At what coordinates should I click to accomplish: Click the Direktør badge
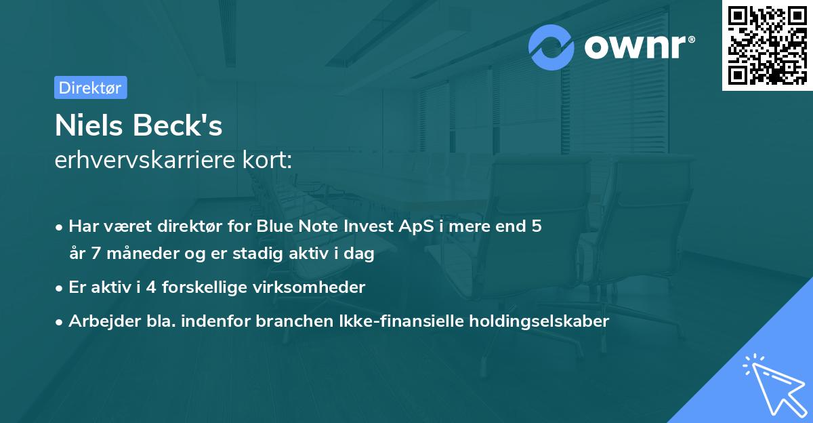tap(90, 87)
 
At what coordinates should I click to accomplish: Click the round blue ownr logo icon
tap(551, 47)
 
